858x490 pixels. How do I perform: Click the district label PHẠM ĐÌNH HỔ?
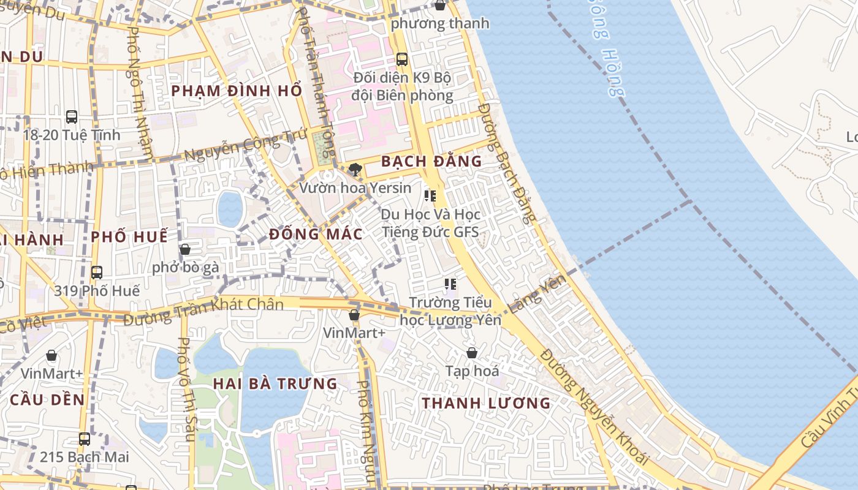point(237,91)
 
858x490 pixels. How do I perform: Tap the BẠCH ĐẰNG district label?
point(431,161)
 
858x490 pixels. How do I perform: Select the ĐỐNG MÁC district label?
point(316,234)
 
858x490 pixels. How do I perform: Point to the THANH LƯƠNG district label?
point(487,403)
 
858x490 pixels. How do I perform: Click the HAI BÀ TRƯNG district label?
point(275,384)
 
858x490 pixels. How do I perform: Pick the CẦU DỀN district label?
point(47,399)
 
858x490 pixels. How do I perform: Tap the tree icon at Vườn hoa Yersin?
point(354,170)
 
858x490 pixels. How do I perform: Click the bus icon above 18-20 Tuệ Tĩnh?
point(72,116)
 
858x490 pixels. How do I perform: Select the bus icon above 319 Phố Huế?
point(96,272)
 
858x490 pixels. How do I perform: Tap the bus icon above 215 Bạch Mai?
point(85,439)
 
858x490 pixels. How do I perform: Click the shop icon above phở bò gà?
point(185,249)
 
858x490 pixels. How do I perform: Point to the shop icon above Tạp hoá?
point(472,353)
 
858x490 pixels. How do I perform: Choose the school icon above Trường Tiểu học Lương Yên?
point(450,284)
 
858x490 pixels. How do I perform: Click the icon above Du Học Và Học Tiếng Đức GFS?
point(430,196)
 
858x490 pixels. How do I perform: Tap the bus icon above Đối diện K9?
point(402,59)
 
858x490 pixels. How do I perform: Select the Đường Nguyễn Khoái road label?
point(594,407)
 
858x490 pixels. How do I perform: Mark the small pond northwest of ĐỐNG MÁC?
point(230,208)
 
